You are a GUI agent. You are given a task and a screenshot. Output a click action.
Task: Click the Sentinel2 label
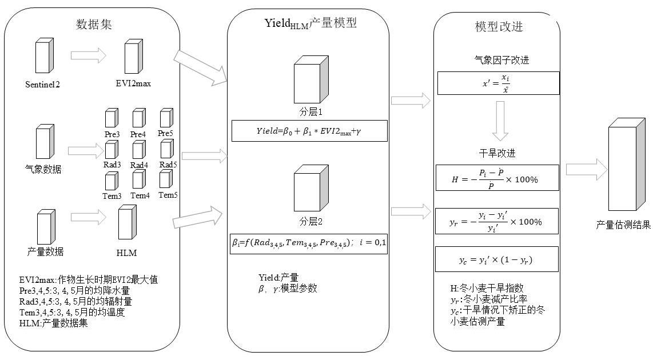[x=42, y=85]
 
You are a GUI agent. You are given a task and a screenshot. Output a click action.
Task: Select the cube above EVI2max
[x=134, y=57]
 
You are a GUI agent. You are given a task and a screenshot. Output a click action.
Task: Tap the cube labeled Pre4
[x=139, y=118]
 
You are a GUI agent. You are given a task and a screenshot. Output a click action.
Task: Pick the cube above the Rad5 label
[x=166, y=149]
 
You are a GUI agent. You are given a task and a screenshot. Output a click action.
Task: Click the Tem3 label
[x=112, y=195]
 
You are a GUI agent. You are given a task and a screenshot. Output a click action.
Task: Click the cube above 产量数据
[x=46, y=227]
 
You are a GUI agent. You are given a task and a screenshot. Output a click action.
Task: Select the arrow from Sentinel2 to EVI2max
[x=88, y=55]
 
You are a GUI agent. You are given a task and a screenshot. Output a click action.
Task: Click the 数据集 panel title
[x=94, y=25]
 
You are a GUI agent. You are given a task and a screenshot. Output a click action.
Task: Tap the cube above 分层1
[x=311, y=79]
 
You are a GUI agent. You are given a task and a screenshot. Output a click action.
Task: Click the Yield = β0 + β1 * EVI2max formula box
[x=309, y=131]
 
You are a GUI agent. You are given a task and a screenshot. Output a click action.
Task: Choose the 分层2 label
[x=310, y=221]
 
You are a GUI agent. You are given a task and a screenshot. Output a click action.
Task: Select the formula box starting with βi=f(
[x=309, y=243]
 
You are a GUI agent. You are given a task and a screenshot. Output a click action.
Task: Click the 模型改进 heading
[x=499, y=27]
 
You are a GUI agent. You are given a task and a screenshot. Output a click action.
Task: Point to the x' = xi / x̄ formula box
[x=498, y=83]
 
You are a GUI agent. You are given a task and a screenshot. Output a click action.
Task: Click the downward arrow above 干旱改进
[x=500, y=121]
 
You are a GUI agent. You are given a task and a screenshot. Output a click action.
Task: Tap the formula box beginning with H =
[x=497, y=178]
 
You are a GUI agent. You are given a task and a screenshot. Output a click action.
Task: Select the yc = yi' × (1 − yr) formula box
[x=496, y=259]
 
